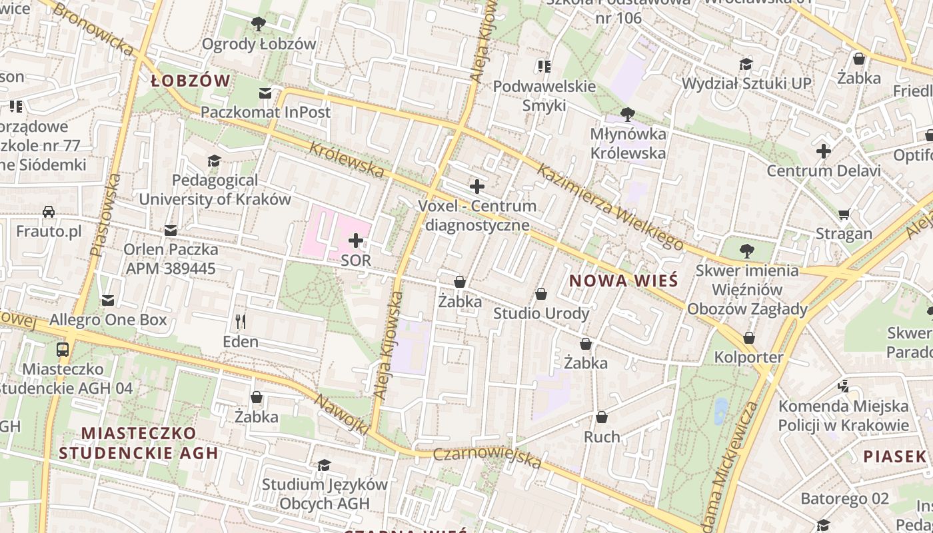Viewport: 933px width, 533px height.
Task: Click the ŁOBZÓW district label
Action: pos(191,81)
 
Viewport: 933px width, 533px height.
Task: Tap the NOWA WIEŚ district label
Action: pos(624,280)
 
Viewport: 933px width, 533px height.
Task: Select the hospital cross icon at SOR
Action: pos(356,241)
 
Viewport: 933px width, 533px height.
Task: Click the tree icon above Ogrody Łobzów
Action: pos(259,25)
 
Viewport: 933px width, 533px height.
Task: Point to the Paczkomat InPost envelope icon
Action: pos(266,93)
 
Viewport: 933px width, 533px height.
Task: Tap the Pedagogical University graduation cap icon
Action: pos(214,161)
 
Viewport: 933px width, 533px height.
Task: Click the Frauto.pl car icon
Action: pos(49,212)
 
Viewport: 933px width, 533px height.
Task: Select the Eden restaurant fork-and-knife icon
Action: pos(241,322)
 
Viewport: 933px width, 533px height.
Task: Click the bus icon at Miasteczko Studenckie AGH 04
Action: pos(62,349)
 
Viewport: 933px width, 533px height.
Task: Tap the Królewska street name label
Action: pos(347,159)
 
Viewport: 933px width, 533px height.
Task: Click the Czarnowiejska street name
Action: pos(487,458)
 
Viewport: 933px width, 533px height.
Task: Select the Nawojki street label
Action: pos(341,415)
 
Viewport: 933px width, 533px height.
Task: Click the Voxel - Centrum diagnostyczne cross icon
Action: pos(477,187)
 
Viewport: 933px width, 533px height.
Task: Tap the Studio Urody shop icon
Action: pos(541,294)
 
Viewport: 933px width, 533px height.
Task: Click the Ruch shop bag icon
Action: pos(602,417)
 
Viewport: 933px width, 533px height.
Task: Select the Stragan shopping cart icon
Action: pos(844,214)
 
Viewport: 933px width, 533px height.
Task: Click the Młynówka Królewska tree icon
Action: pos(627,114)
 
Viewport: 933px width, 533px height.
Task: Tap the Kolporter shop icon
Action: pos(749,338)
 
